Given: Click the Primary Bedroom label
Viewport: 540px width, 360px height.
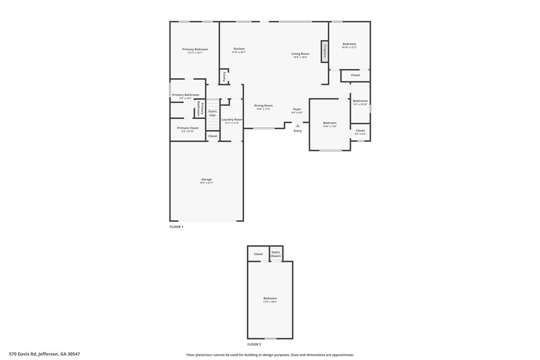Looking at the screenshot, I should click(x=195, y=49).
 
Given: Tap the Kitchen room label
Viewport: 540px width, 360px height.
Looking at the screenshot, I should click(x=239, y=49).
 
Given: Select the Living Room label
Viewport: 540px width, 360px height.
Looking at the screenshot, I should click(x=300, y=54).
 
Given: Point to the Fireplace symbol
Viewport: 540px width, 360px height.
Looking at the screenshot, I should click(x=325, y=51).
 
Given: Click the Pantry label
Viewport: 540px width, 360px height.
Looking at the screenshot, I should click(x=224, y=77).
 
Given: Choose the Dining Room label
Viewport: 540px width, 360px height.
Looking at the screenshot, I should click(x=264, y=105).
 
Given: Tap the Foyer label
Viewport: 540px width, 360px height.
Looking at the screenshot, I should click(x=297, y=109).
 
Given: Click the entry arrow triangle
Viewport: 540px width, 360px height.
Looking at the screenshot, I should click(x=298, y=126).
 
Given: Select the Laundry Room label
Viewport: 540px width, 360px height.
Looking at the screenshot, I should click(x=232, y=119).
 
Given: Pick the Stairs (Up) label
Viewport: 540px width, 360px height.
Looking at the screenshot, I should click(x=212, y=113).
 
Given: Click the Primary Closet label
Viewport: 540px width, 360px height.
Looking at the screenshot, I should click(x=187, y=128).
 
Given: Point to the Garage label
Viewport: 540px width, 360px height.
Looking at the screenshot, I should click(x=206, y=180).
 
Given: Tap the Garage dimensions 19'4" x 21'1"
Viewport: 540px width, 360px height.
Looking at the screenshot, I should click(x=206, y=183).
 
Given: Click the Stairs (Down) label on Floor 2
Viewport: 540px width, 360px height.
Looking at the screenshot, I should click(x=275, y=254).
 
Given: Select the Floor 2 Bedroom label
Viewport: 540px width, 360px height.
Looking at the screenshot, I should click(x=270, y=298).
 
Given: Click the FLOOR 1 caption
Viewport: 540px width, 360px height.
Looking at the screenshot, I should click(x=177, y=227).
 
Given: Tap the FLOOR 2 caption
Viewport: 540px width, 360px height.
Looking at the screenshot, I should click(x=254, y=344).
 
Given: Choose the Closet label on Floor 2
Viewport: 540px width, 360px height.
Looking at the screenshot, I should click(x=258, y=254).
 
